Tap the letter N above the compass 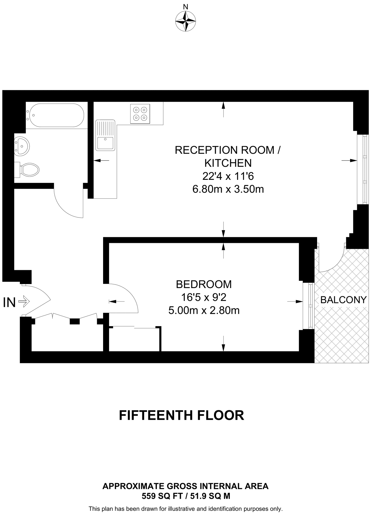[186, 7]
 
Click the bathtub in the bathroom [57, 115]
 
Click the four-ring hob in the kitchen [140, 113]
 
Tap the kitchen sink [105, 135]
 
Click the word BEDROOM [204, 284]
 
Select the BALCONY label [343, 300]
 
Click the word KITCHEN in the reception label [228, 163]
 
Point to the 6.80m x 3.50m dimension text [228, 189]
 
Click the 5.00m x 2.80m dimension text [204, 310]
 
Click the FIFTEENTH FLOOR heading [181, 415]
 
